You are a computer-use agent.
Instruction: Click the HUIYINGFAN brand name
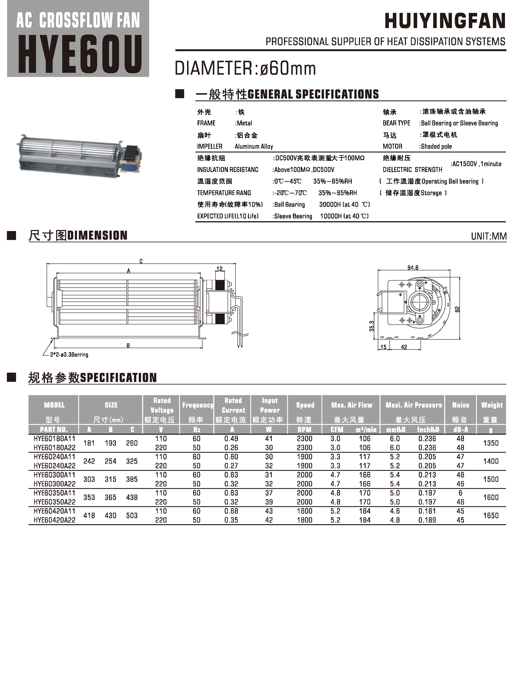[x=445, y=21]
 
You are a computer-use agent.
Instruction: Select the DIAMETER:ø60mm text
[x=245, y=68]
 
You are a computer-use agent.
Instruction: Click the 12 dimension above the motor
[x=220, y=268]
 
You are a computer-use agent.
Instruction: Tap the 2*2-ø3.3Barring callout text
[x=69, y=355]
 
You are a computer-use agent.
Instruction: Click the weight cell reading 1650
[x=491, y=516]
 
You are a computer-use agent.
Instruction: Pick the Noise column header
[x=460, y=405]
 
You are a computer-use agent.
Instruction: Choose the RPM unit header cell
[x=305, y=430]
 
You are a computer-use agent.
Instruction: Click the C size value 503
[x=132, y=516]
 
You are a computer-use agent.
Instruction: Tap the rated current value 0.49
[x=231, y=439]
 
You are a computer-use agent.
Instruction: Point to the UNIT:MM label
[x=489, y=236]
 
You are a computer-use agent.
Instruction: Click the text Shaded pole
[x=436, y=146]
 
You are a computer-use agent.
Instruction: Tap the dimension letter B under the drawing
[x=128, y=345]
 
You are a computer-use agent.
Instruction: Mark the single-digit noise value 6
[x=460, y=493]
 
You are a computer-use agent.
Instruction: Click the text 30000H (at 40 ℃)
[x=344, y=204]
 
